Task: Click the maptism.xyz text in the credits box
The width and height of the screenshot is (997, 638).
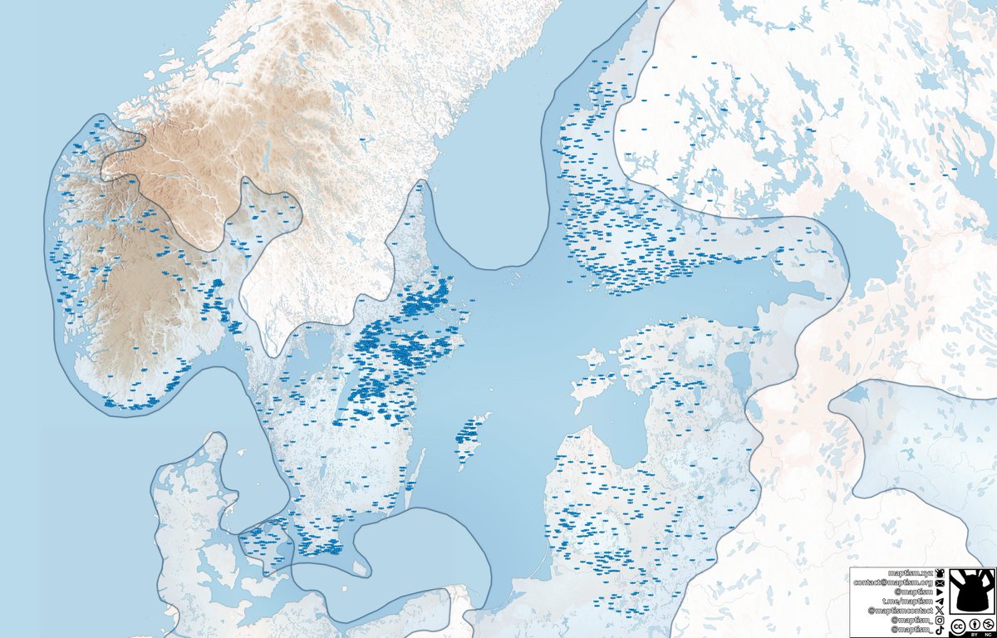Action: [911, 573]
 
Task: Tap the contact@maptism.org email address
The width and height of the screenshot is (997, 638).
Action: [893, 583]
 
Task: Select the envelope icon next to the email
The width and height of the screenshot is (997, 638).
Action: [940, 583]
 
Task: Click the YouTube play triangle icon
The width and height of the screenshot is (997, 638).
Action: [940, 592]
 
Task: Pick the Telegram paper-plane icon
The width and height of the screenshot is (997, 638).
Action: [940, 601]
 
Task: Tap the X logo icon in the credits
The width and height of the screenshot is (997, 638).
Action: [940, 611]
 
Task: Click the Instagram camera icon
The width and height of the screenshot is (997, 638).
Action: [940, 620]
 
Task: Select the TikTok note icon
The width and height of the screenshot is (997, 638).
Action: [940, 630]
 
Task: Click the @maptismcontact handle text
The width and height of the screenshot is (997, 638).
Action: [901, 611]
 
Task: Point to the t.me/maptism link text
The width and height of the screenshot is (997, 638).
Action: [908, 601]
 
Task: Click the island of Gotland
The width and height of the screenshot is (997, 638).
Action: [469, 436]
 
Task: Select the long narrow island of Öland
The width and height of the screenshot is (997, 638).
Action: [415, 480]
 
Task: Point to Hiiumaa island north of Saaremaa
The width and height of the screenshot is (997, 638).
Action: [592, 359]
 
